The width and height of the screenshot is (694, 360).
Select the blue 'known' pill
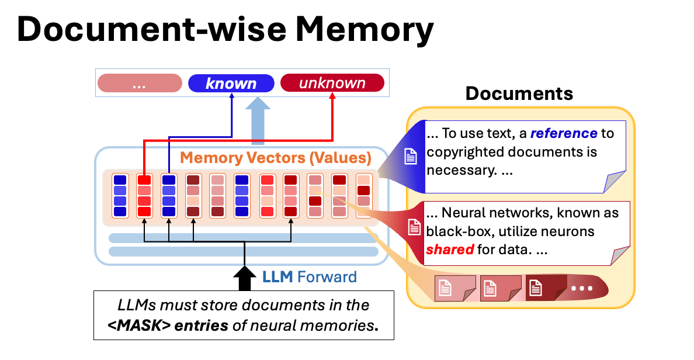coord(231,84)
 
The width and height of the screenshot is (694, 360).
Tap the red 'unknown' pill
coord(332,84)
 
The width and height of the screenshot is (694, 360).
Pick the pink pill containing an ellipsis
coord(140,84)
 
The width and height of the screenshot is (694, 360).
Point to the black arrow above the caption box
coord(244,278)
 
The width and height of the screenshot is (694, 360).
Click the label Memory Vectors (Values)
coord(275,158)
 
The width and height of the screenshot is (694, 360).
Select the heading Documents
coord(519,94)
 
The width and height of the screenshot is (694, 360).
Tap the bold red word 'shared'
coord(450,250)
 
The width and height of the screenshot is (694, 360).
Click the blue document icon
coord(411,156)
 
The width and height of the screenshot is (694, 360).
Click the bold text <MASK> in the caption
coord(140,326)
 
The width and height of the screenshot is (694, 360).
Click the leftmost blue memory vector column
coord(120,196)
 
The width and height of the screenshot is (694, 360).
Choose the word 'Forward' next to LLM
coord(327,276)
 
